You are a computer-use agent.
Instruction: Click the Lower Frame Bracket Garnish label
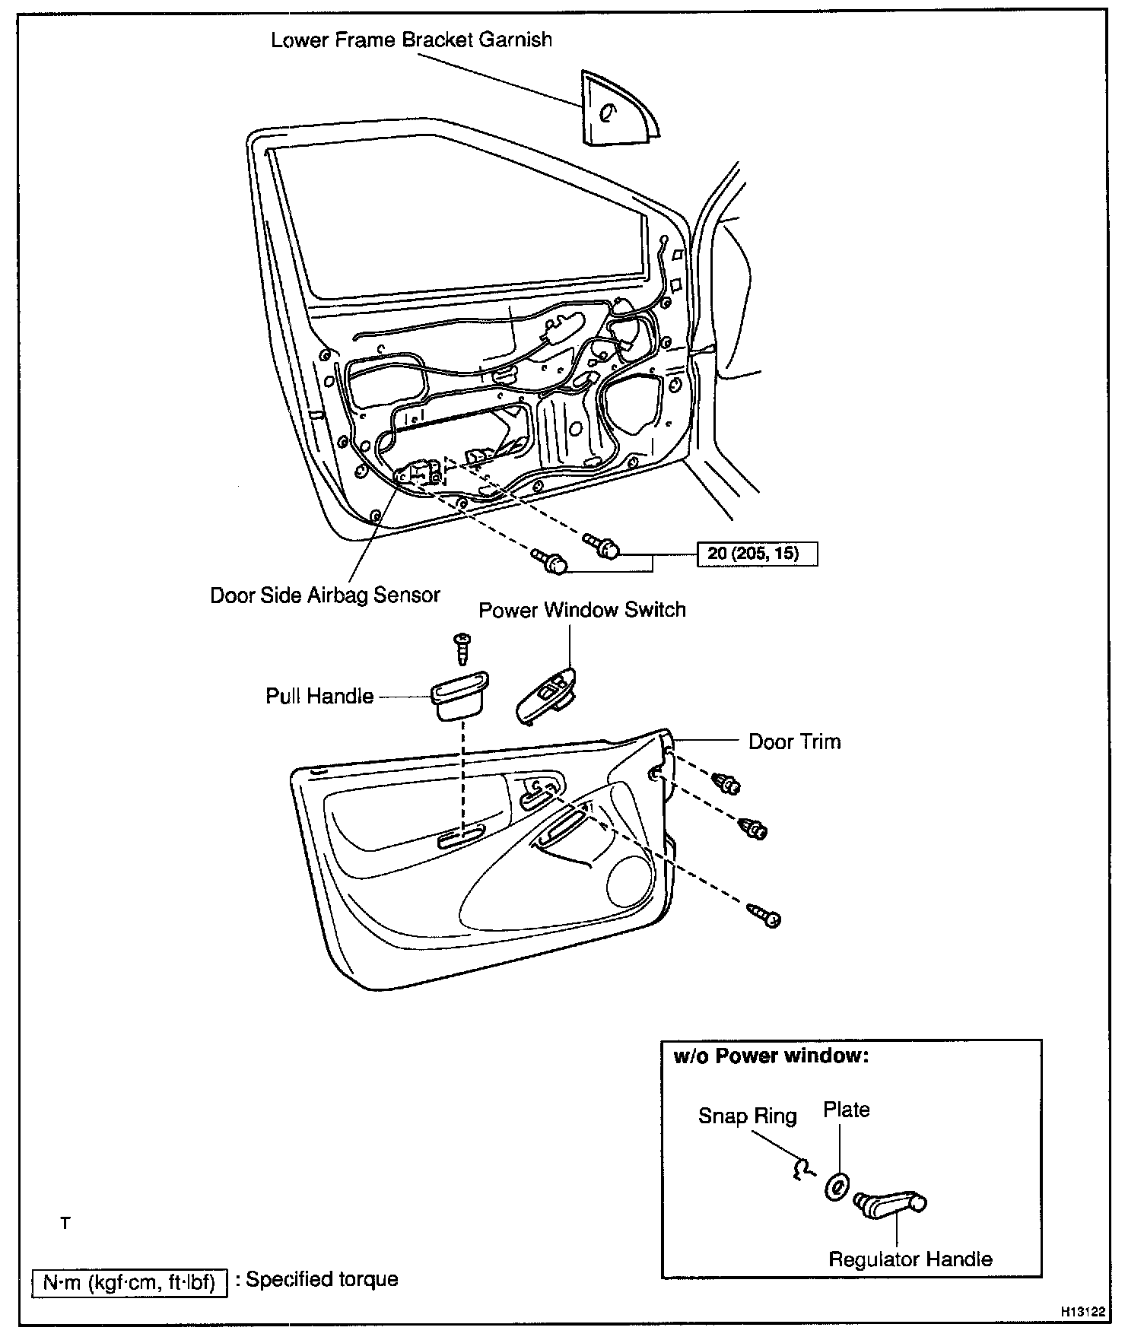(412, 40)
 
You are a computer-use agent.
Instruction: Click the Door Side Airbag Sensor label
(325, 595)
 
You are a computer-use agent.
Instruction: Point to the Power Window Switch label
(582, 610)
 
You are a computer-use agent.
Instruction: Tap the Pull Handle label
(319, 697)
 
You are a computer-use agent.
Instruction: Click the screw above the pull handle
(461, 646)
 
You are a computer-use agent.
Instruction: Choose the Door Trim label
(795, 742)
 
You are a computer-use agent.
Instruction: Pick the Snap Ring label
(748, 1116)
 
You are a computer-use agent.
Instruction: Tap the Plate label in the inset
(846, 1110)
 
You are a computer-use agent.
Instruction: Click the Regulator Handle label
(910, 1259)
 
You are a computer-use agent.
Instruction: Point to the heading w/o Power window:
(771, 1056)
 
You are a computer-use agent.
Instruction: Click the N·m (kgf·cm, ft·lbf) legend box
(129, 1283)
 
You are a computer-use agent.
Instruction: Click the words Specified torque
(322, 1280)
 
